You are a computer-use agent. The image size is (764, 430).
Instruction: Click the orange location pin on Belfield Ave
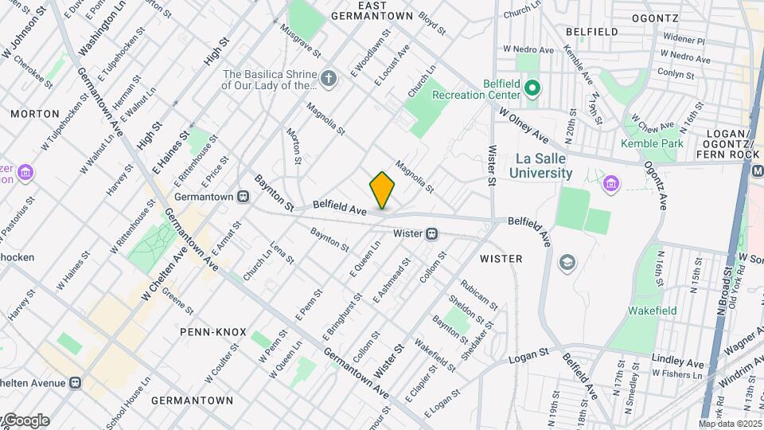[382, 190]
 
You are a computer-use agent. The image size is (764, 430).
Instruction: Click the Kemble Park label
[652, 143]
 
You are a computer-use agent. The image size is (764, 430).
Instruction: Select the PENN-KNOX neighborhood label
[212, 331]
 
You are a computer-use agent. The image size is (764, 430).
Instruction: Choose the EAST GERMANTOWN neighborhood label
[372, 10]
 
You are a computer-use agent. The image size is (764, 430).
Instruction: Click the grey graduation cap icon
[567, 263]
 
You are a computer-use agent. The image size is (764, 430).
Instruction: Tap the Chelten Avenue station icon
[75, 382]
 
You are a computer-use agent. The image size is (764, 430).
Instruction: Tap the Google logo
[26, 420]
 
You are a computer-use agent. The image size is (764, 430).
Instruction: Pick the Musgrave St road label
[300, 40]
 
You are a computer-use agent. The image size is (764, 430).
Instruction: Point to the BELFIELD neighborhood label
[591, 31]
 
